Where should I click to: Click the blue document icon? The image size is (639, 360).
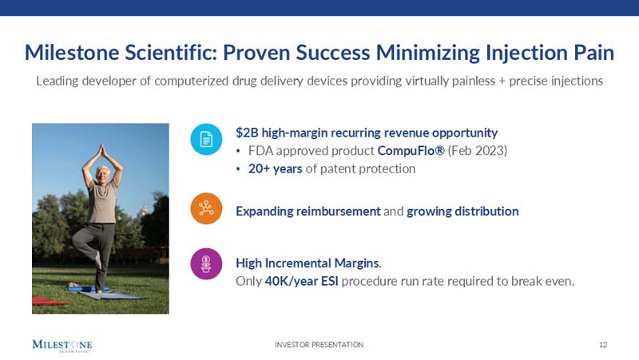(x=206, y=140)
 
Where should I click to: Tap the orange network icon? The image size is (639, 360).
(x=206, y=208)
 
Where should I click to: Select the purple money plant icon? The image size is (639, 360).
(x=206, y=263)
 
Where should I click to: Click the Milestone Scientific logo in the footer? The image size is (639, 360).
(x=62, y=345)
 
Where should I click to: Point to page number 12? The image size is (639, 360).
(x=603, y=345)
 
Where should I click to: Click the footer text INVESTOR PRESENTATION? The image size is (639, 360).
(x=319, y=345)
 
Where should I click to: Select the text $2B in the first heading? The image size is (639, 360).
(x=246, y=133)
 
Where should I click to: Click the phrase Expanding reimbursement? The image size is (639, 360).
(x=308, y=212)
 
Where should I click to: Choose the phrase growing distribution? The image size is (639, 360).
(x=462, y=212)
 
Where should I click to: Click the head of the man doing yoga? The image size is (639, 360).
(x=103, y=174)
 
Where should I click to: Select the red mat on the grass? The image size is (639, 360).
(x=48, y=301)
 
